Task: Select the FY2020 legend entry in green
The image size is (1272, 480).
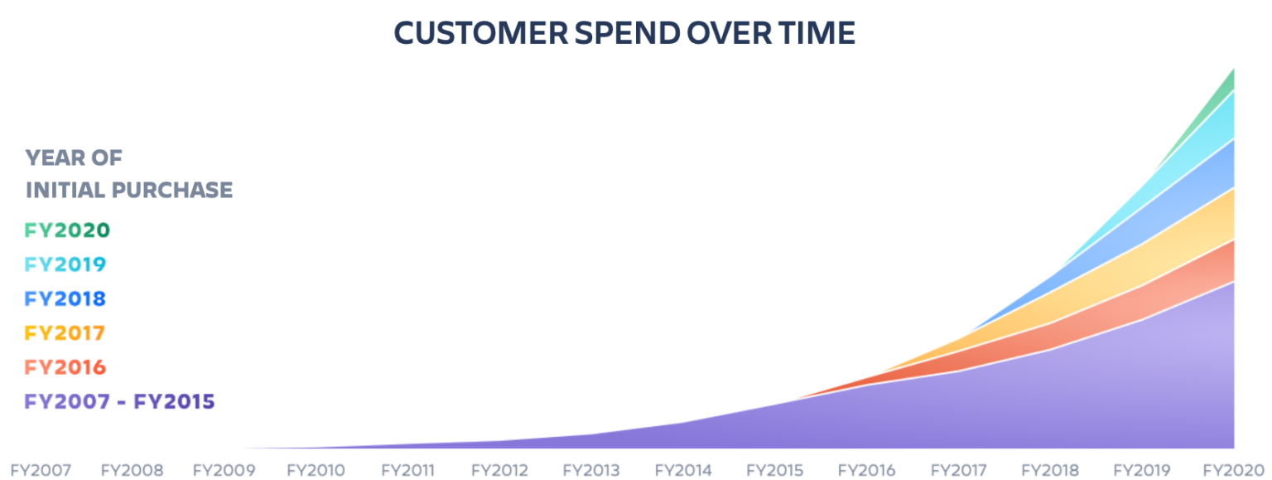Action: [67, 230]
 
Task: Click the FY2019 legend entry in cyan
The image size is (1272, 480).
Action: [65, 264]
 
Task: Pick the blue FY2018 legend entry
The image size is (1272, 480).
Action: [65, 298]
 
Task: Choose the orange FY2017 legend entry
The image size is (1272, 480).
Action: [65, 332]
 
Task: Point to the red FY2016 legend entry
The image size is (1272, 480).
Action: [65, 367]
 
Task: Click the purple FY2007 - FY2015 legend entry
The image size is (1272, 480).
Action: [119, 402]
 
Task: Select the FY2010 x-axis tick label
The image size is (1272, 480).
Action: [316, 470]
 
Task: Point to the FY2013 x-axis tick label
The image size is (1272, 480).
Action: [591, 470]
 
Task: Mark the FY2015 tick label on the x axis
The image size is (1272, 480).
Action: [775, 470]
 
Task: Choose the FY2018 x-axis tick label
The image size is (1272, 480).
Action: [1050, 470]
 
